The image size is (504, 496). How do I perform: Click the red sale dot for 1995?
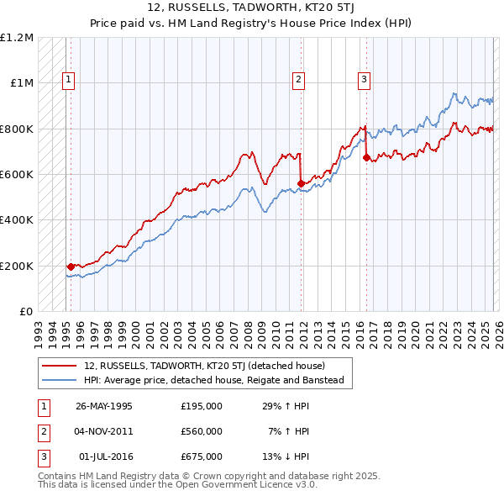[x=71, y=266]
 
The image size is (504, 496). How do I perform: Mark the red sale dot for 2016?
[x=366, y=157]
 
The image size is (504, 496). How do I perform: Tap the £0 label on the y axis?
[x=25, y=312]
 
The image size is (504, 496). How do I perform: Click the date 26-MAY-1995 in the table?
[x=104, y=406]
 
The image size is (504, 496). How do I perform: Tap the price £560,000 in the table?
[x=202, y=431]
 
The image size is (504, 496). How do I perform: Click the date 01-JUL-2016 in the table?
[x=104, y=456]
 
